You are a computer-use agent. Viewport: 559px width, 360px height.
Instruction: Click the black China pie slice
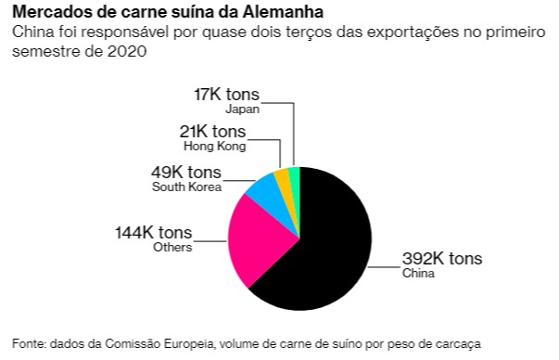[324, 251]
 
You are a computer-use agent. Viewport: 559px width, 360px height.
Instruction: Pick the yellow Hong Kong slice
[283, 179]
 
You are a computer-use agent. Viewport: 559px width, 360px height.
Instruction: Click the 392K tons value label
[441, 259]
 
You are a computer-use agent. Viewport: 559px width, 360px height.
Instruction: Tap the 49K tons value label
[186, 173]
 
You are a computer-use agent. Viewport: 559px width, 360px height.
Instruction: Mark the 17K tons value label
[226, 94]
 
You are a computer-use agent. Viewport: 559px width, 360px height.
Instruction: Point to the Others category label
[172, 247]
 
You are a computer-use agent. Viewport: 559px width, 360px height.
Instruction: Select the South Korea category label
[186, 187]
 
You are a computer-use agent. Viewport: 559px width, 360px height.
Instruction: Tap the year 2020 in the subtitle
[128, 51]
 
